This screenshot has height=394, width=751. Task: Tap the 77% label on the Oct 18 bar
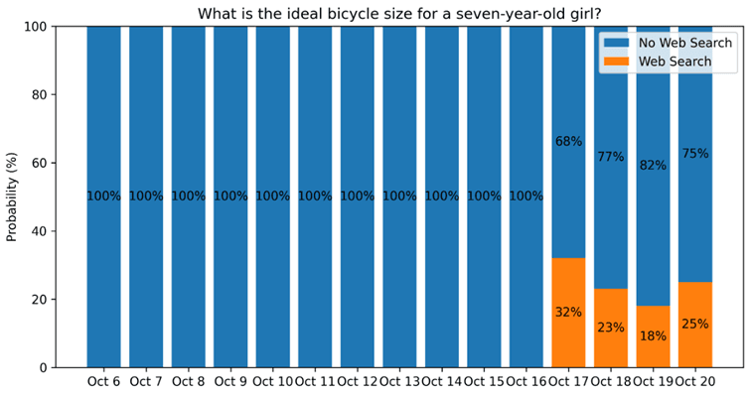point(611,157)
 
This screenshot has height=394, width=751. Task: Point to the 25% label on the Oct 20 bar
point(695,324)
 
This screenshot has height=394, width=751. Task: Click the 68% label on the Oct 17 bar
point(568,142)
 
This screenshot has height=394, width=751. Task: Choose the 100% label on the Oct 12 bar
point(357,197)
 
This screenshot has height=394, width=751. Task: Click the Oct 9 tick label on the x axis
point(230,381)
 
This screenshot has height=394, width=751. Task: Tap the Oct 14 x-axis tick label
point(441,381)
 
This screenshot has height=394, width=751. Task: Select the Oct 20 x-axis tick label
point(695,381)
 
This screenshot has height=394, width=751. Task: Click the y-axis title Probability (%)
point(12,197)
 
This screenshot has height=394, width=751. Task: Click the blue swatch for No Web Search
point(617,43)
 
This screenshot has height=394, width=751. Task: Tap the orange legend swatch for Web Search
point(617,62)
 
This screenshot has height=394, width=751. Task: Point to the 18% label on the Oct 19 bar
point(653,335)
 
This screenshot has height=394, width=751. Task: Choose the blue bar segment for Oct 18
point(611,99)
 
